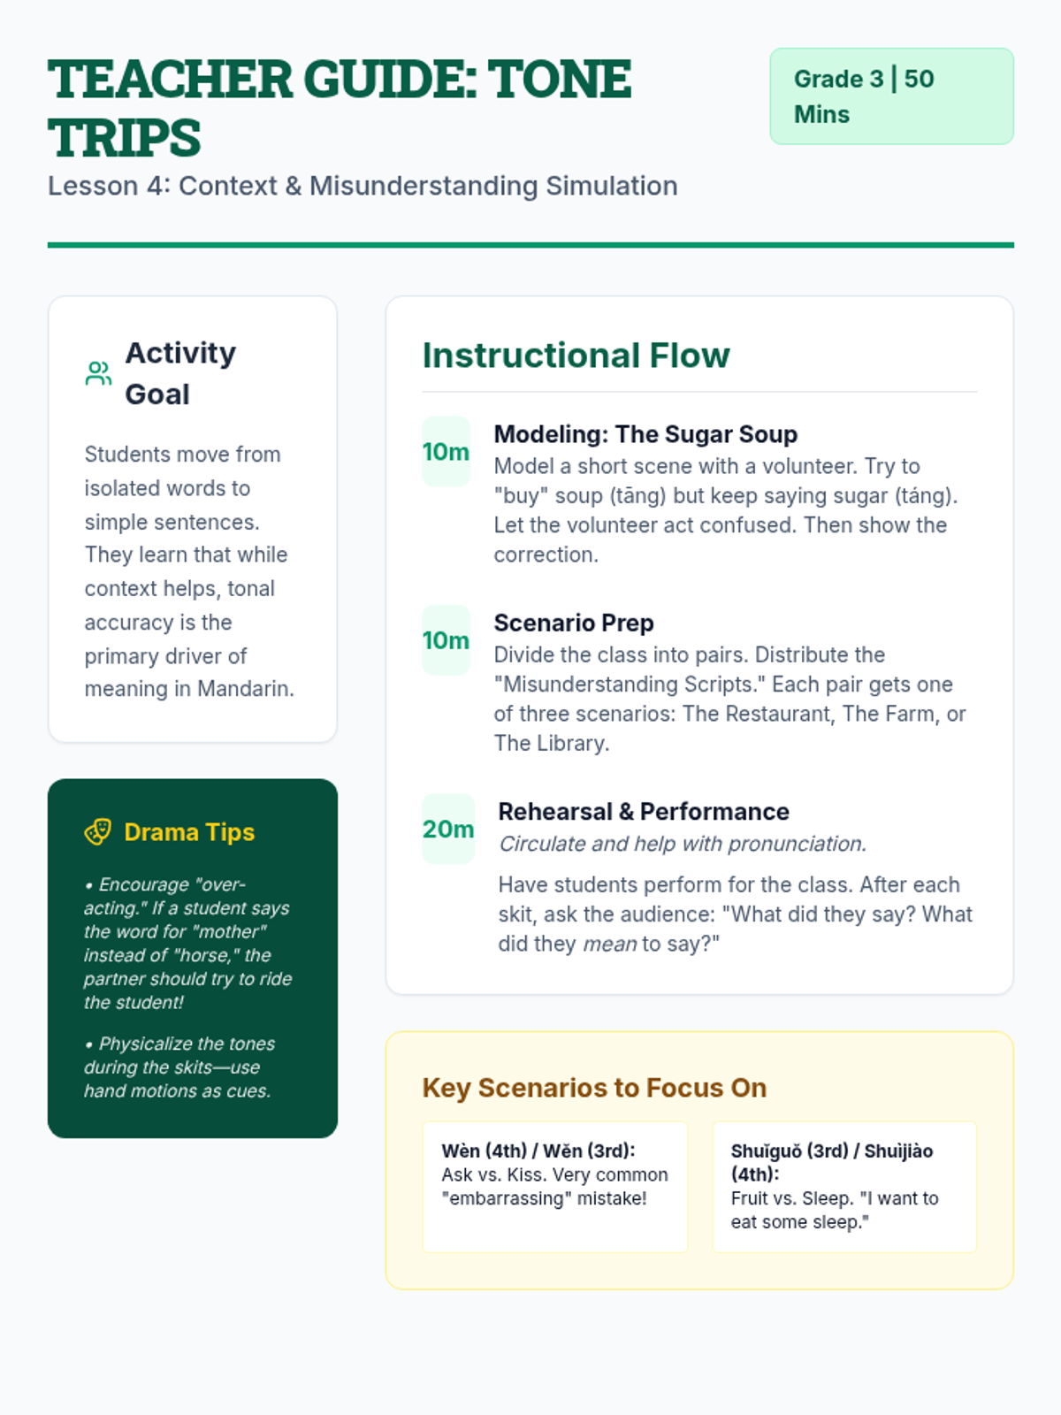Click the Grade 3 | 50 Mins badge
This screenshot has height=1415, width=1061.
point(890,96)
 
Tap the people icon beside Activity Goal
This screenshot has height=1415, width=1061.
point(98,373)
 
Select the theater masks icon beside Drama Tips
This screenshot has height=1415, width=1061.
point(98,831)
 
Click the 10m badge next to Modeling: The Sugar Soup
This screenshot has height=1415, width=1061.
point(446,451)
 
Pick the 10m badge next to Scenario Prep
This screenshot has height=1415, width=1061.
point(446,639)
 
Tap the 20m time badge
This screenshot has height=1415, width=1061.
point(447,829)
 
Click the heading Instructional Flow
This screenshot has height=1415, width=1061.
point(576,356)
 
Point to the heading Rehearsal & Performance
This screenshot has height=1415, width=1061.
point(643,811)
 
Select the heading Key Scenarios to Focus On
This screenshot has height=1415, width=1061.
point(594,1087)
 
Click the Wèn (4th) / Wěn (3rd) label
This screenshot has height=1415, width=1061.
point(538,1151)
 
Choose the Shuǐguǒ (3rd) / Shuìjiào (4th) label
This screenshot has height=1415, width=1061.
point(831,1162)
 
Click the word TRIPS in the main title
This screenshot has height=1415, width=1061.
point(125,138)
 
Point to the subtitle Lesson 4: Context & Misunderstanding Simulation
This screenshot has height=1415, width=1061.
point(363,186)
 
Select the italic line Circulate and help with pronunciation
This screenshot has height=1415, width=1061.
point(682,844)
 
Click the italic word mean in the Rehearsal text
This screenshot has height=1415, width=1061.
point(609,945)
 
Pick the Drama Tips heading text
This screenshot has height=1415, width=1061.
point(189,831)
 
